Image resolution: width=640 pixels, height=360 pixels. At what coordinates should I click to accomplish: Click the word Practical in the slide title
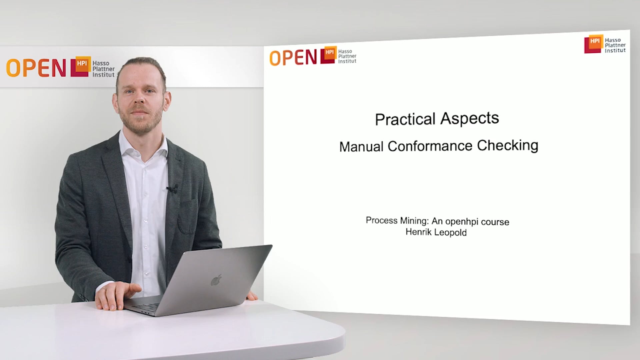[405, 120]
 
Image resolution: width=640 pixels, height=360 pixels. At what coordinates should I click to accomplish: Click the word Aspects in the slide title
[470, 118]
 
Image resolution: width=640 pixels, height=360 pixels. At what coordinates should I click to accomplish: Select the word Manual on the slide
[361, 147]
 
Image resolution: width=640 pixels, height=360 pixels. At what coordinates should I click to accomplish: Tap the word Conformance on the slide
[430, 146]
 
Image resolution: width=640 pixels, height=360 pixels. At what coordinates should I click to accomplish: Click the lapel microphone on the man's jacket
[172, 189]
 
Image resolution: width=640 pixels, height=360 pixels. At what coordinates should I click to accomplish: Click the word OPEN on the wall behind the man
[36, 68]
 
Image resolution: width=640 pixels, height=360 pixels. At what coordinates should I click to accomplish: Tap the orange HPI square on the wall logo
[82, 63]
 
